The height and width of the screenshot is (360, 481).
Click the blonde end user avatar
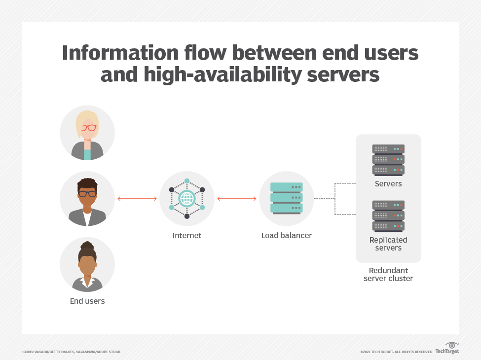pos(87,133)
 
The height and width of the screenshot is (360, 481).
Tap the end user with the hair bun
pos(87,265)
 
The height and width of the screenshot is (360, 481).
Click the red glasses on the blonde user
pos(88,128)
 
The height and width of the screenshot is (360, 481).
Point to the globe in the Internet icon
pos(187,199)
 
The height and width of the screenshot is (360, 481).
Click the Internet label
pos(187,236)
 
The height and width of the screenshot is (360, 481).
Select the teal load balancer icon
pos(287,198)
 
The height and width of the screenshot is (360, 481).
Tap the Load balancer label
pos(287,236)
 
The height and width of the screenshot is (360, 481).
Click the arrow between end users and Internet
pos(137,199)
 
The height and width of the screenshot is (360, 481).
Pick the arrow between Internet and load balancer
pos(237,199)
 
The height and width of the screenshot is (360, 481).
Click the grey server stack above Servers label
pos(388,159)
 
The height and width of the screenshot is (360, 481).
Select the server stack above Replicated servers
pos(388,216)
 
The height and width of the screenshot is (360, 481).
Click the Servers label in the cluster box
pos(388,184)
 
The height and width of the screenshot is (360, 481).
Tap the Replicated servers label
pos(388,244)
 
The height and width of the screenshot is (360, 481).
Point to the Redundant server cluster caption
pos(388,275)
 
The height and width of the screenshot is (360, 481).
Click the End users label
pos(87,301)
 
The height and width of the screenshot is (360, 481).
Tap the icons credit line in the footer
pos(71,352)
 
